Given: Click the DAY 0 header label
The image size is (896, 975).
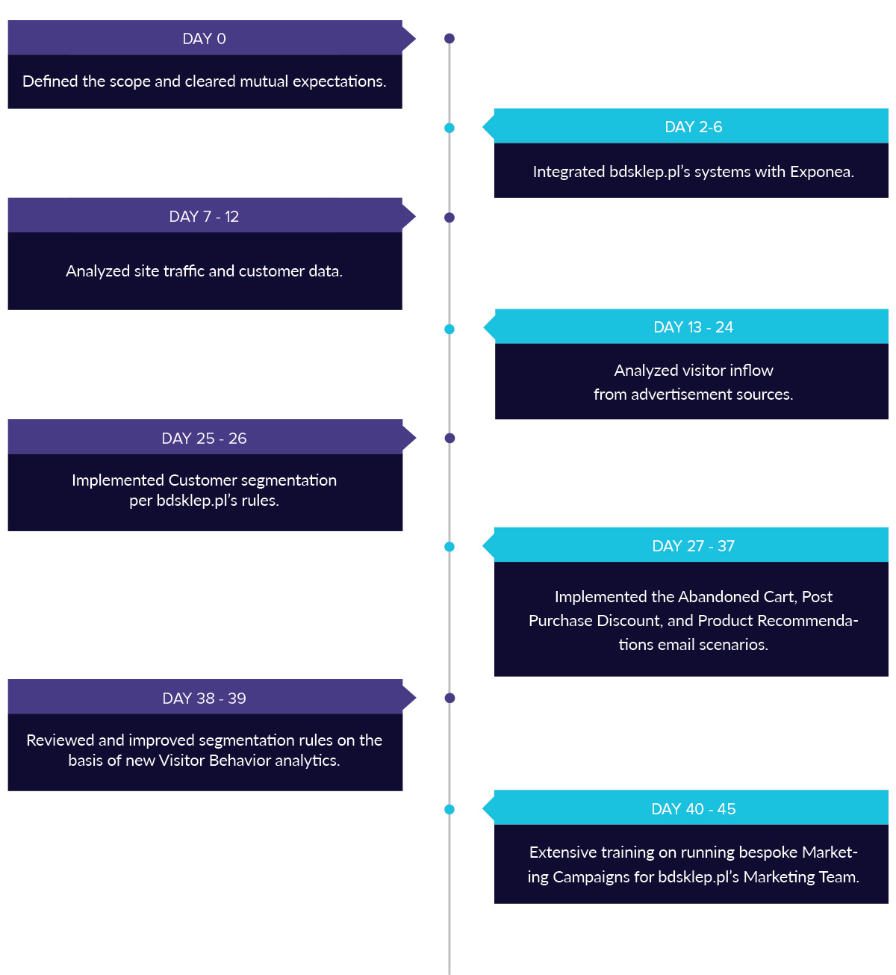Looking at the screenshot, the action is click(x=204, y=39).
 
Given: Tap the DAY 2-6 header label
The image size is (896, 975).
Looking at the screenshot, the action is click(x=694, y=127).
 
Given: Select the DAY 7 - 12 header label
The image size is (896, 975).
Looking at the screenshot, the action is click(x=204, y=217).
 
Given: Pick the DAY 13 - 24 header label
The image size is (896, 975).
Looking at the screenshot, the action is click(x=694, y=327).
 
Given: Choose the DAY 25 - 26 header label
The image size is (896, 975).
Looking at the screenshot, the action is click(x=204, y=439).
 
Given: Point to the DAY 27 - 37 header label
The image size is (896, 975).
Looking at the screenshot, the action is click(x=694, y=546).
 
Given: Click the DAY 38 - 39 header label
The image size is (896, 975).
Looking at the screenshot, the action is click(x=204, y=699).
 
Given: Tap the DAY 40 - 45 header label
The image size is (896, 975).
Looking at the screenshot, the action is click(x=694, y=809).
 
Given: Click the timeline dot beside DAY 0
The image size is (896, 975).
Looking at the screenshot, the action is click(x=449, y=38).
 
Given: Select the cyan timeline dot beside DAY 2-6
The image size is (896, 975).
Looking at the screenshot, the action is click(x=449, y=128).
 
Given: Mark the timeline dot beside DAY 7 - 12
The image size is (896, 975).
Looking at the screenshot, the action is click(x=449, y=217).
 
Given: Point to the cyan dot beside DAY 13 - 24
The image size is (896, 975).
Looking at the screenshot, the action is click(x=449, y=329).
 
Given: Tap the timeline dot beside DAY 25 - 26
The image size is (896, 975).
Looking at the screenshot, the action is click(x=450, y=438).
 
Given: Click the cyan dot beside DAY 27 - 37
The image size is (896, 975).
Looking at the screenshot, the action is click(x=449, y=546).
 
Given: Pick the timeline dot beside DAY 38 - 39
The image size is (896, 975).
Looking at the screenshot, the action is click(x=450, y=698).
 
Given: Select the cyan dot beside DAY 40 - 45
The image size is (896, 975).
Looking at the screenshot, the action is click(x=449, y=809).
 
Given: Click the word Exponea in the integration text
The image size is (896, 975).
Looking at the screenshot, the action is click(x=821, y=172).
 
